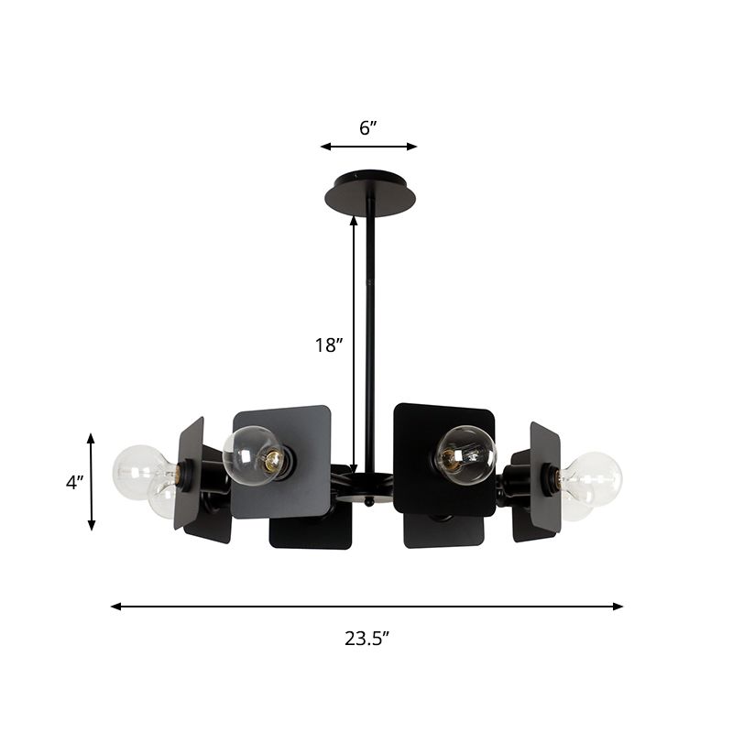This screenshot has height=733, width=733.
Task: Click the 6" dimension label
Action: [x=368, y=128]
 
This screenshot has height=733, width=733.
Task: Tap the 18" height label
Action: [x=328, y=345]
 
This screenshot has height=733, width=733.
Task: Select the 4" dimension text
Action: [x=74, y=482]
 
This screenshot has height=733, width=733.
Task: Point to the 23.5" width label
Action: [x=367, y=640]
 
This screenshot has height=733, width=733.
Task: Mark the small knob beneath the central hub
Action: [x=367, y=502]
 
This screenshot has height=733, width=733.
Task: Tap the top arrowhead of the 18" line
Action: [x=355, y=221]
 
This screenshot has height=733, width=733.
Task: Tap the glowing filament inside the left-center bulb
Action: [x=271, y=461]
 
